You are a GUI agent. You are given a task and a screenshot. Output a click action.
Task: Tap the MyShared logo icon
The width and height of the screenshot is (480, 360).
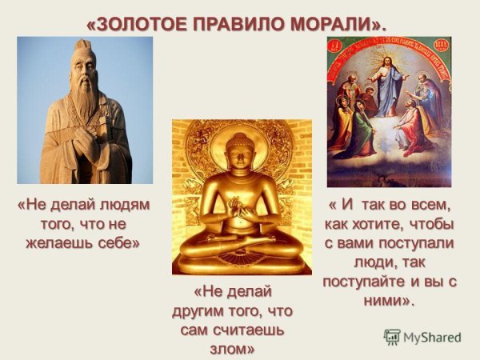click(x=392, y=337)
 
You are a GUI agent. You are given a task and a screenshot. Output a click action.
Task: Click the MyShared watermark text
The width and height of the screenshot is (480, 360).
click(x=432, y=338)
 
